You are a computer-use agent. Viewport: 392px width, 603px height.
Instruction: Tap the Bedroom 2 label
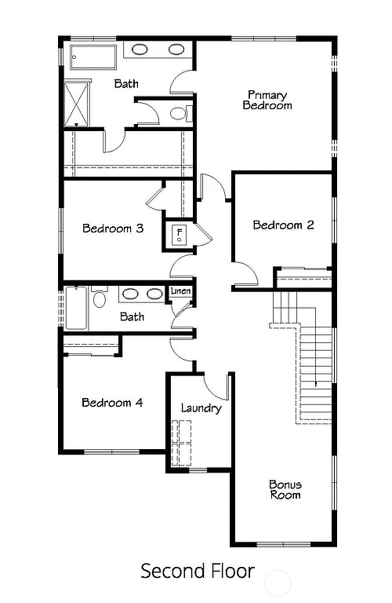pyautogui.click(x=283, y=225)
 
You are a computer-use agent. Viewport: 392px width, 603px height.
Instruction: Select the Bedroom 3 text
pyautogui.click(x=113, y=228)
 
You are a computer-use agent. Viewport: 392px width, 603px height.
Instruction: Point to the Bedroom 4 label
pyautogui.click(x=112, y=403)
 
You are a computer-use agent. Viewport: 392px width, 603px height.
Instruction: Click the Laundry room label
pyautogui.click(x=201, y=408)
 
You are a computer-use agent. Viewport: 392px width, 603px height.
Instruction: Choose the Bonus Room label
pyautogui.click(x=285, y=490)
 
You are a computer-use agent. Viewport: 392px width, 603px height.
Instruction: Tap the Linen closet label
pyautogui.click(x=180, y=292)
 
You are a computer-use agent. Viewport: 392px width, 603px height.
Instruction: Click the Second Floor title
pyautogui.click(x=197, y=571)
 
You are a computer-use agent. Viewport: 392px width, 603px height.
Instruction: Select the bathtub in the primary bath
pyautogui.click(x=93, y=58)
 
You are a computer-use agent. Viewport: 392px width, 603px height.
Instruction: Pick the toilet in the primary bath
pyautogui.click(x=180, y=114)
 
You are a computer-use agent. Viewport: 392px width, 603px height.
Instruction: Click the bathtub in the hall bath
pyautogui.click(x=77, y=308)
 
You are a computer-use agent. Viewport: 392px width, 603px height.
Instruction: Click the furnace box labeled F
pyautogui.click(x=180, y=235)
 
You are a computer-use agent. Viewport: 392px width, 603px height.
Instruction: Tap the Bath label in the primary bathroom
pyautogui.click(x=126, y=83)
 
